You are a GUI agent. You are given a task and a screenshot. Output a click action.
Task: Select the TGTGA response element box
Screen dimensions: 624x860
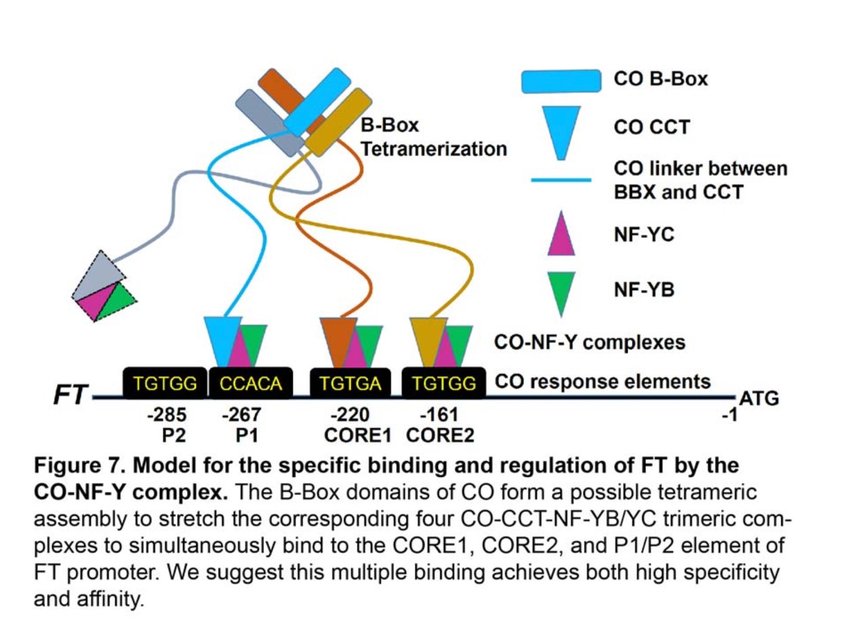click(350, 384)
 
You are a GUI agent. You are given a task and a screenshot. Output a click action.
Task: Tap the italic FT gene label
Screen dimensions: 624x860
click(71, 394)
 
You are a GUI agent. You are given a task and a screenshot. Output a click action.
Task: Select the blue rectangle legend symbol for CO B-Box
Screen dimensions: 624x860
click(561, 81)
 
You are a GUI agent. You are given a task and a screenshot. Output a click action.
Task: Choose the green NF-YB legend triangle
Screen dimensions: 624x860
click(561, 290)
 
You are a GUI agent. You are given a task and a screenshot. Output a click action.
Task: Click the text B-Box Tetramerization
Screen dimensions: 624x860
click(433, 138)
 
